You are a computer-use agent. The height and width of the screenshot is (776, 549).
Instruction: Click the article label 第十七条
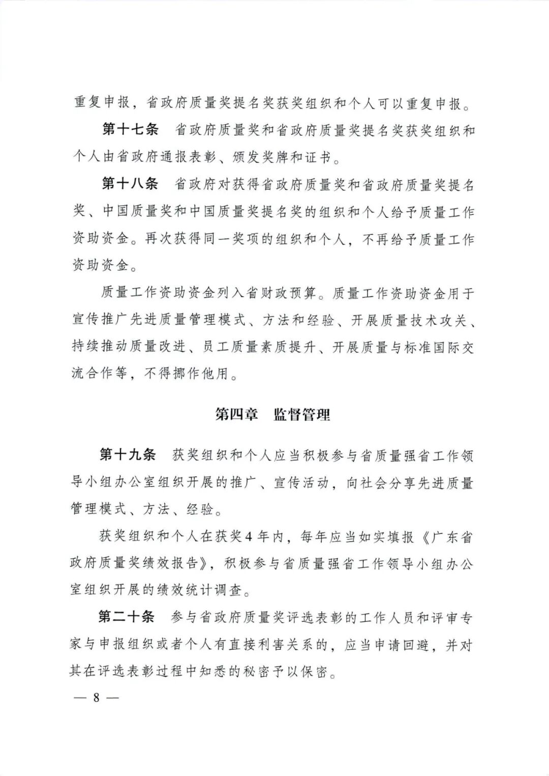130,130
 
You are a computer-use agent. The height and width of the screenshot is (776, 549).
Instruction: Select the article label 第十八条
130,184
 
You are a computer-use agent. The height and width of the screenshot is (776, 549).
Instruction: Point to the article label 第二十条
126,618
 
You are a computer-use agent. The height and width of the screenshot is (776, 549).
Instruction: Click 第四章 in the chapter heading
236,415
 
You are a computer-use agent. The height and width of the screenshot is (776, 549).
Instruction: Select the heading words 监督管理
302,415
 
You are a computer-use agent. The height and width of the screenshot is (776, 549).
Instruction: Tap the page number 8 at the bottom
96,697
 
